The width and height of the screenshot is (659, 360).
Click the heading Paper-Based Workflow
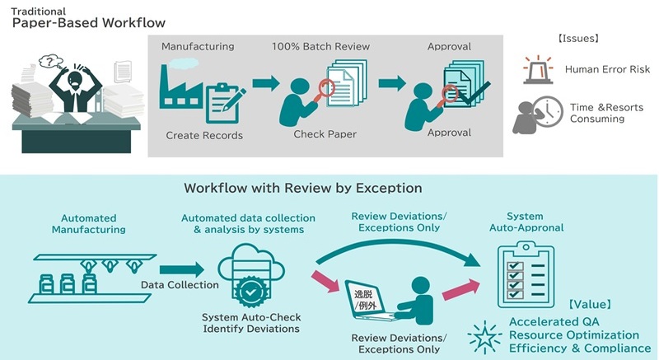(x=88, y=22)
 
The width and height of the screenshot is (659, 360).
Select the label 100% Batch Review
(x=320, y=46)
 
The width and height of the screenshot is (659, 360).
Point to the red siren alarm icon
(x=538, y=70)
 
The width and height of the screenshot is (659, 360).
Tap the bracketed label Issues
(x=577, y=39)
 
